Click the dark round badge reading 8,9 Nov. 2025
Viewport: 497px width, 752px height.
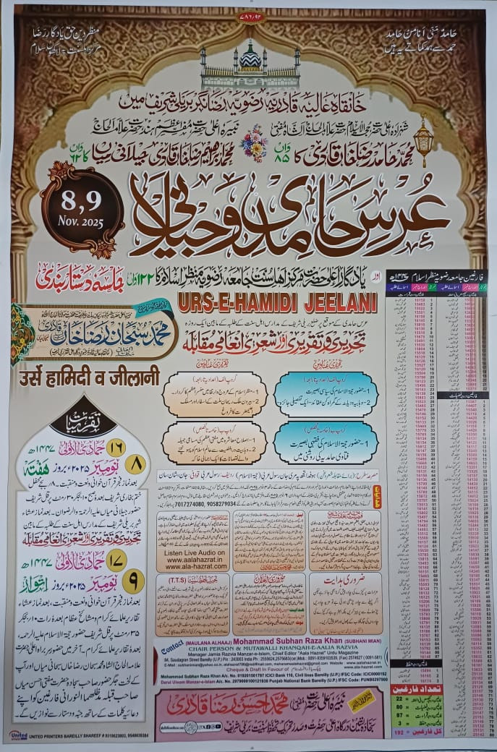pos(82,207)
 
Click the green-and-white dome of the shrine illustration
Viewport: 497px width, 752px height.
pos(250,56)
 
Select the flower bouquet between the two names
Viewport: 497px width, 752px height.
pos(253,142)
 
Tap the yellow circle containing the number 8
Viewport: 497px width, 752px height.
pos(135,463)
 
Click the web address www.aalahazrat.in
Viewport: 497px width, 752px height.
pos(192,561)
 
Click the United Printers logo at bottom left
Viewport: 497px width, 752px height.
pos(18,735)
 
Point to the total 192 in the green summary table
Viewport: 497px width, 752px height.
pos(396,732)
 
